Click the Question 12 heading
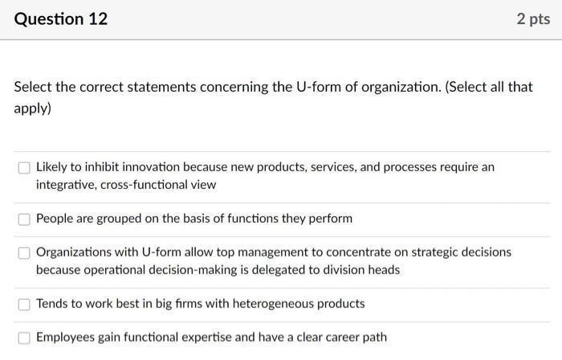coord(61,18)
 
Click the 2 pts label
coord(534,18)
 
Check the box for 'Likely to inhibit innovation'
coord(24,168)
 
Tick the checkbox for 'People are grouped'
coord(24,219)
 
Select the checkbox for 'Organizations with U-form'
coord(24,252)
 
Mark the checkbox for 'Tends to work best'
coord(24,304)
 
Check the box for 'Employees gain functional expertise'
coord(24,337)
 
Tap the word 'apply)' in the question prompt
coord(32,106)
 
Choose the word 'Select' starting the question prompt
coord(33,87)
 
